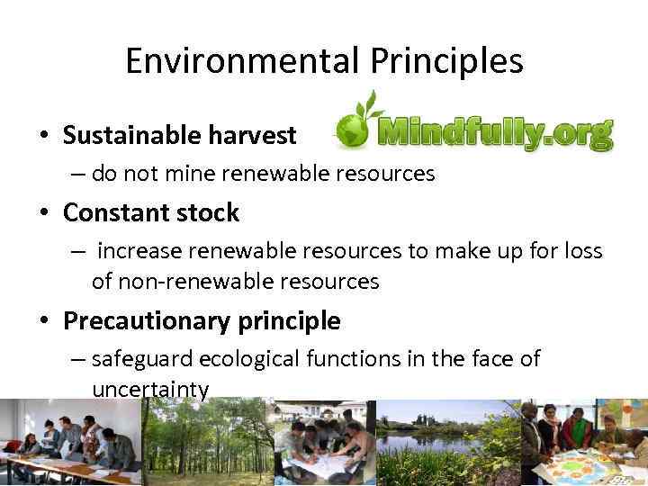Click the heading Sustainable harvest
(179, 136)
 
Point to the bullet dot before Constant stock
(43, 214)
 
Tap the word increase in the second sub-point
(139, 251)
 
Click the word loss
(581, 251)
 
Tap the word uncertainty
(150, 389)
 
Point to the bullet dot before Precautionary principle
(43, 321)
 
